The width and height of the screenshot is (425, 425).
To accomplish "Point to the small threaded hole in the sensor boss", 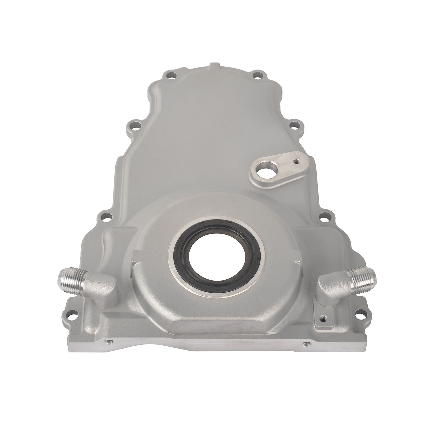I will click(295, 161).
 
